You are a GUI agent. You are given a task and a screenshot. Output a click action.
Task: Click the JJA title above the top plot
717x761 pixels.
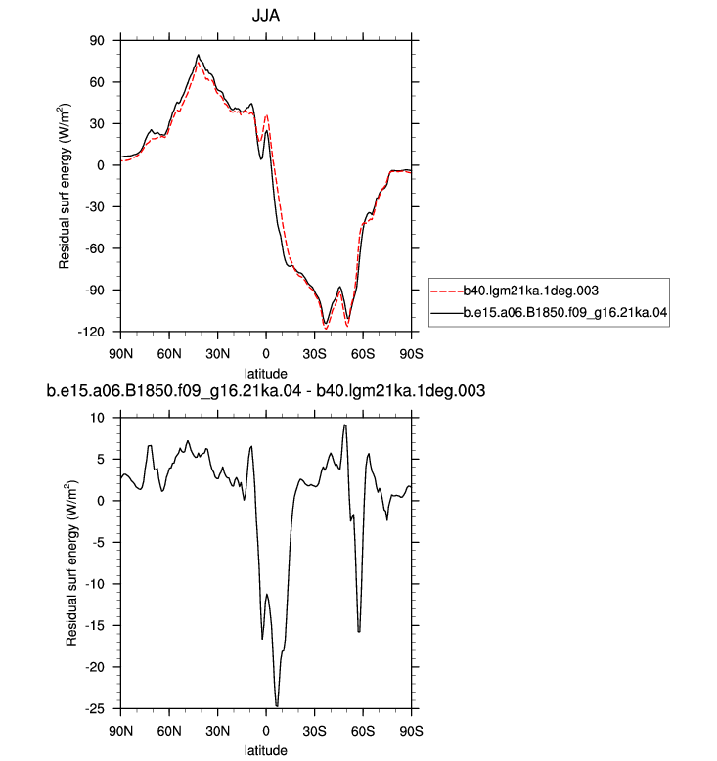[265, 16]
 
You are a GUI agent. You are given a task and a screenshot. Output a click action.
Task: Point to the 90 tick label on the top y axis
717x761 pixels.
[97, 41]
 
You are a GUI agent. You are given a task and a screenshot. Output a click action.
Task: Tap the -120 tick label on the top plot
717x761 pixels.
[91, 332]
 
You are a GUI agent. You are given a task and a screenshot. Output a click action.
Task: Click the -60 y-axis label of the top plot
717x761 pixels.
[94, 248]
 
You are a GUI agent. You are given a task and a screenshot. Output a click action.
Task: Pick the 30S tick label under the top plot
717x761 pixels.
[314, 354]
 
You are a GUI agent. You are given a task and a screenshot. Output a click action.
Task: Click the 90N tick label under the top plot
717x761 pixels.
[121, 354]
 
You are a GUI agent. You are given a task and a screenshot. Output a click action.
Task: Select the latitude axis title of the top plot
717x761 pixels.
[265, 374]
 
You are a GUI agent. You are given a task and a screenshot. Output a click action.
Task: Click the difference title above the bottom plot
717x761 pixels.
[265, 390]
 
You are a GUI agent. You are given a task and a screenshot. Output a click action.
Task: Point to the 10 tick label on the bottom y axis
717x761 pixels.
[97, 418]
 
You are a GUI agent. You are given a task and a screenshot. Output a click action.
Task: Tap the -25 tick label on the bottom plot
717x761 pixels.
[94, 709]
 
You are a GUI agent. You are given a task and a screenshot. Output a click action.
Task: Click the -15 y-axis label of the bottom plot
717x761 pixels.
[94, 626]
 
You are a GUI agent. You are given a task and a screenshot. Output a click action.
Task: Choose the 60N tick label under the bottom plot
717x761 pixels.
[169, 731]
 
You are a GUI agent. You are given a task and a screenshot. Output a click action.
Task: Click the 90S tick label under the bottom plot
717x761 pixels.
[411, 731]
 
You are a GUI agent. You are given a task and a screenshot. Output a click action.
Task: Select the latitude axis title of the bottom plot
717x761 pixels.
[265, 750]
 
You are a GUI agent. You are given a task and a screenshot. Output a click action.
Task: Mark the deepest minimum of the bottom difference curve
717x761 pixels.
[277, 705]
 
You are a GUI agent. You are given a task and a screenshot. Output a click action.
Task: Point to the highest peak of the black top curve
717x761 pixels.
[198, 55]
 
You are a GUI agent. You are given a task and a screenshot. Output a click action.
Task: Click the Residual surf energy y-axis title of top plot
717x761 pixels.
[65, 186]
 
